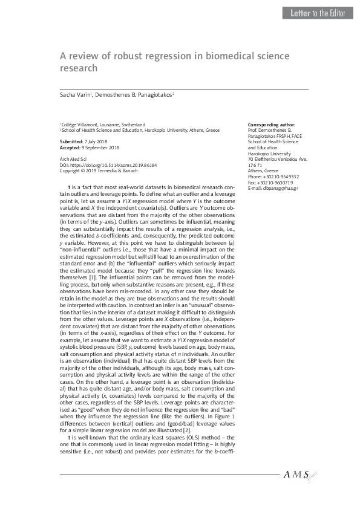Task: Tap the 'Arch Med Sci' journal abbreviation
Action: coord(71,158)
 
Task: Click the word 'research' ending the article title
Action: coord(78,68)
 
